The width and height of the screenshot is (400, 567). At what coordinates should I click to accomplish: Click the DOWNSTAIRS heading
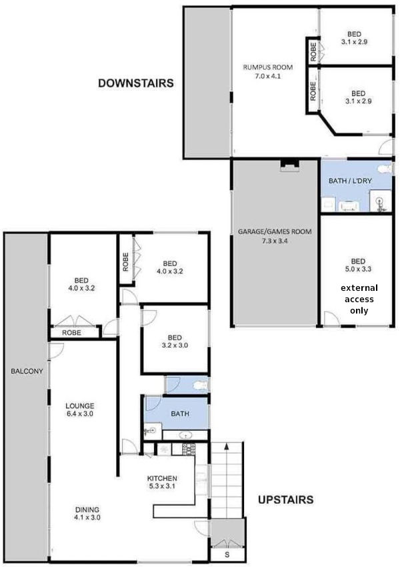(136, 83)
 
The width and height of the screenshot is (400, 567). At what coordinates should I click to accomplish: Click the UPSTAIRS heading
(285, 499)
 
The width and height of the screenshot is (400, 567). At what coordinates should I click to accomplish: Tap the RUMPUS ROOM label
(265, 71)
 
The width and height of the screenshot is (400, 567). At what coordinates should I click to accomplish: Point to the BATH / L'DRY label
(351, 181)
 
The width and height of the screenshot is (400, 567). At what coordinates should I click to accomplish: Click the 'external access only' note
(359, 300)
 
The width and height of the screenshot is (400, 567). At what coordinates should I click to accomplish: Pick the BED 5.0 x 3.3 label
(357, 265)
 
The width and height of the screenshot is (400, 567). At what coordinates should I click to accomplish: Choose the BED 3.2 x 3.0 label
(175, 342)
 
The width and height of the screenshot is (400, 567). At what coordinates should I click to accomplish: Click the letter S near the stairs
(227, 554)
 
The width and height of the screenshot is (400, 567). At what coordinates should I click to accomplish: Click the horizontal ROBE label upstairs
(71, 332)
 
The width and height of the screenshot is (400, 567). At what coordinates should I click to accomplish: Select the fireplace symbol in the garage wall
(289, 165)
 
